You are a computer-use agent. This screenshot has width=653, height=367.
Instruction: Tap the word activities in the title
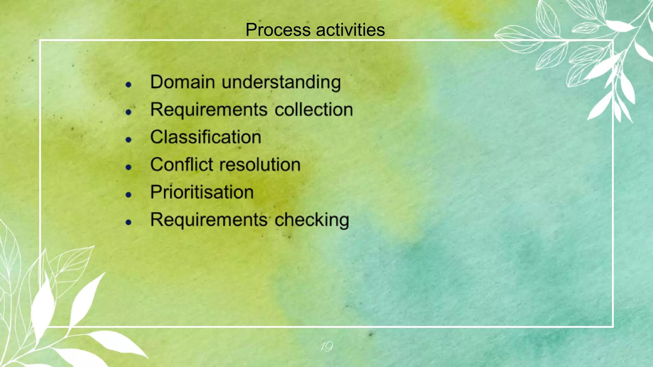tap(350, 30)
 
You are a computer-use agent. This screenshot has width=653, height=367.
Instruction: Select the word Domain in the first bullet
tap(182, 82)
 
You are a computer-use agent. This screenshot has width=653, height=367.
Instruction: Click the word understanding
tap(281, 83)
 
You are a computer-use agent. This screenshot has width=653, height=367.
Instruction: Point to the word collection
tap(314, 110)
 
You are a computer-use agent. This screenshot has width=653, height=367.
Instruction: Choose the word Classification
tap(206, 137)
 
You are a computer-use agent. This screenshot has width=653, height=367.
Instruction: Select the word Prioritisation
tap(202, 192)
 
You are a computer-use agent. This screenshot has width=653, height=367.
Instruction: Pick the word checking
tap(312, 220)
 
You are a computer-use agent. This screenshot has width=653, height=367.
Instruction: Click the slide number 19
tap(326, 346)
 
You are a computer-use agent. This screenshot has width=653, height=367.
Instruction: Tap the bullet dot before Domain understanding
tap(128, 84)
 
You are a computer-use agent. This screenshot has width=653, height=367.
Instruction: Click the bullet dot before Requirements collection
tap(128, 112)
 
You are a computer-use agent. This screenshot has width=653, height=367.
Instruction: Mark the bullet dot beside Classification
tap(128, 140)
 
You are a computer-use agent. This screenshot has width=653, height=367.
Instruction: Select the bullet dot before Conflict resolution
tap(128, 167)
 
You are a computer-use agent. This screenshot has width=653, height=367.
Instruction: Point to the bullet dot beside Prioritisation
tap(128, 195)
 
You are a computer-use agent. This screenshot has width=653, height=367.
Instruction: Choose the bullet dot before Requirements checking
tap(128, 222)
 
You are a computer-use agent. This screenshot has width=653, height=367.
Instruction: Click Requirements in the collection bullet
tap(209, 110)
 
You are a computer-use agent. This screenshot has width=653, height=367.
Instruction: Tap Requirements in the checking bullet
tap(209, 220)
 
